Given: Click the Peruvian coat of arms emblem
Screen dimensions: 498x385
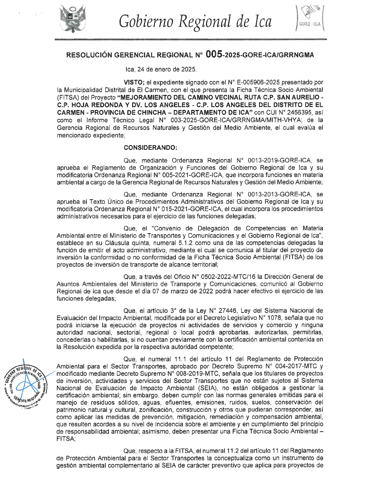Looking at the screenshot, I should [x=73, y=19].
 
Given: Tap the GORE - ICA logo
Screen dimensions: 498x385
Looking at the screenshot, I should [x=310, y=19].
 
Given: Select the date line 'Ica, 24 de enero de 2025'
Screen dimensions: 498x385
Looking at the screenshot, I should [x=161, y=69].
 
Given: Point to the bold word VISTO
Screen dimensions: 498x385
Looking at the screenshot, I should [x=134, y=82].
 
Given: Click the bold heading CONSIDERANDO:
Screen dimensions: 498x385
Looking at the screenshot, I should [x=150, y=147].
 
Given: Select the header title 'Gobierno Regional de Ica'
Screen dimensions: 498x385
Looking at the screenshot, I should [x=195, y=21].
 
